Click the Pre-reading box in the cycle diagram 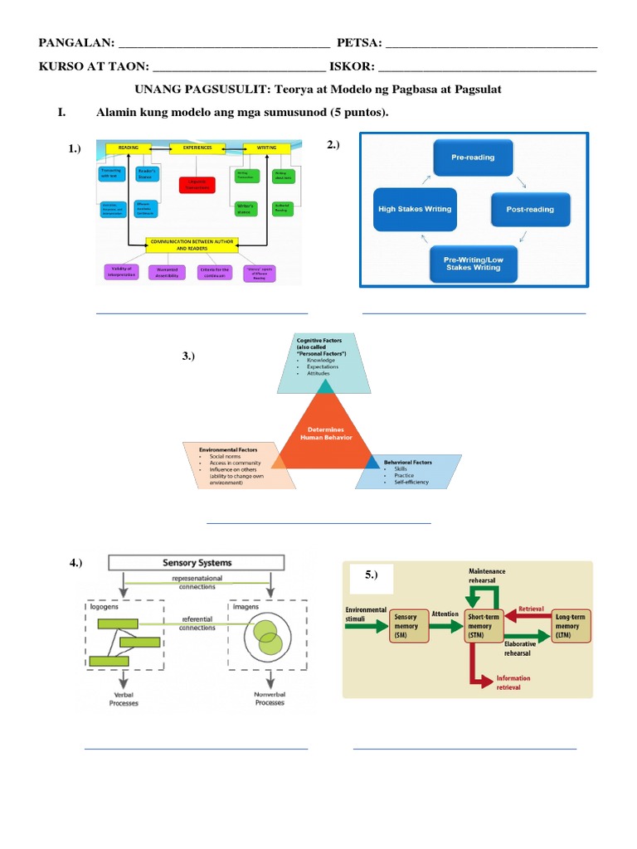473,157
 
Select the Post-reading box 530,210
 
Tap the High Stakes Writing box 415,209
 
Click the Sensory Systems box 197,563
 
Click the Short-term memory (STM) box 479,627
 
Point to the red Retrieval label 531,609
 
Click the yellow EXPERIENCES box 192,148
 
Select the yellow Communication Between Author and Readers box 192,245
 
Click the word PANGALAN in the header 74,44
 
